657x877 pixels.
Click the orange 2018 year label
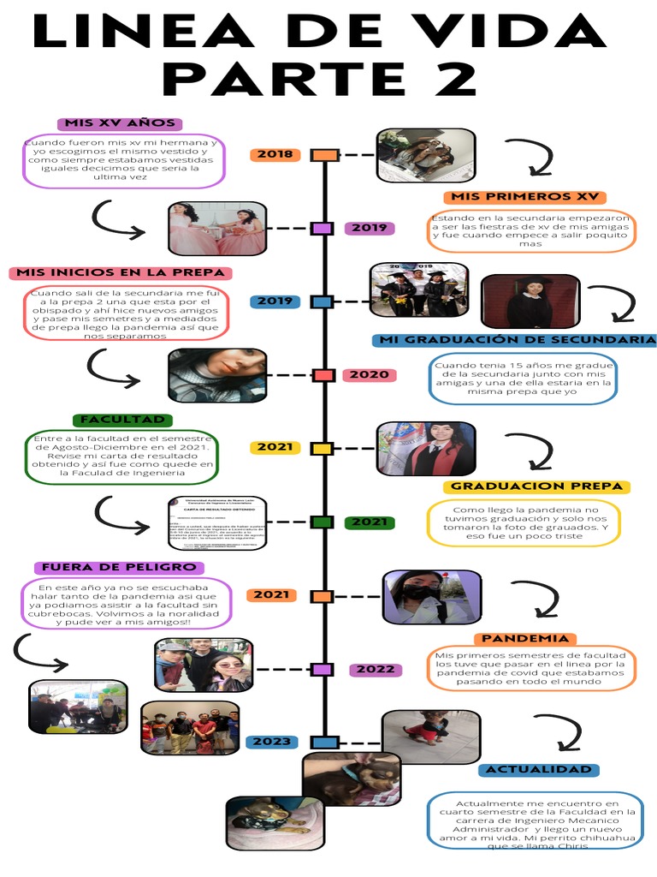[x=275, y=155]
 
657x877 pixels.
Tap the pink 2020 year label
[x=370, y=375]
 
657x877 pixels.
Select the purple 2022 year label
[x=376, y=670]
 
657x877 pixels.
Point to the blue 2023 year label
[x=271, y=742]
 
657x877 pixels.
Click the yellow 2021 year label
[x=275, y=447]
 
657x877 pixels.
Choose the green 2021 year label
[x=370, y=522]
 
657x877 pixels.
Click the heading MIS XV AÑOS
[x=115, y=123]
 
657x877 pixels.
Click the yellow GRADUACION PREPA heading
[x=536, y=486]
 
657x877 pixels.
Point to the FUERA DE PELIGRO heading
[x=119, y=567]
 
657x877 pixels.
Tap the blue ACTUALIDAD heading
[x=538, y=770]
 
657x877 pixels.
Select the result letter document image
[x=217, y=522]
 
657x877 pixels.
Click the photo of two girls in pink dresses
[x=217, y=229]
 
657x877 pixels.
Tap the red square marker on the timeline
[x=323, y=375]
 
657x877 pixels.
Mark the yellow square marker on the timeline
[x=322, y=448]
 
